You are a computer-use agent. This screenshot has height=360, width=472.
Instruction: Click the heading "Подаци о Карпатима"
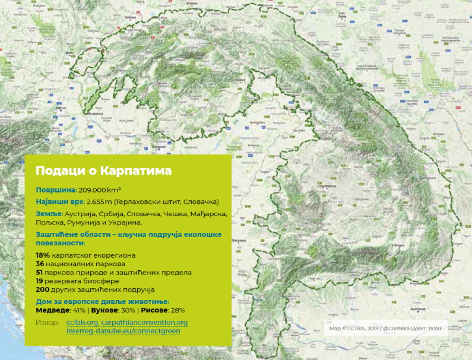tap(104, 171)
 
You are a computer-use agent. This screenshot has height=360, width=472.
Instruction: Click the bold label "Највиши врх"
tap(59, 202)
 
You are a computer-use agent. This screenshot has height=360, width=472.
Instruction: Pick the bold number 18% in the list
tap(43, 255)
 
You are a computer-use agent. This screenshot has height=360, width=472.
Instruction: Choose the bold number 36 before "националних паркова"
tap(40, 264)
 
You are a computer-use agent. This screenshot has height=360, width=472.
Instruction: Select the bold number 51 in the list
tap(40, 273)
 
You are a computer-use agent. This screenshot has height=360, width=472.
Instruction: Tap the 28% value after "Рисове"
tap(178, 310)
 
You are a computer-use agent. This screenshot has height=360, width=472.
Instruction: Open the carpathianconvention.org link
tap(144, 323)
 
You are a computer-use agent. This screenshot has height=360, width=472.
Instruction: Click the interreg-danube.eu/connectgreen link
tap(123, 330)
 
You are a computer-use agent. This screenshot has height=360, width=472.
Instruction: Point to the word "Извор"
tap(47, 323)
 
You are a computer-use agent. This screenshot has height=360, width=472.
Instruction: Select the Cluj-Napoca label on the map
tap(328, 185)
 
